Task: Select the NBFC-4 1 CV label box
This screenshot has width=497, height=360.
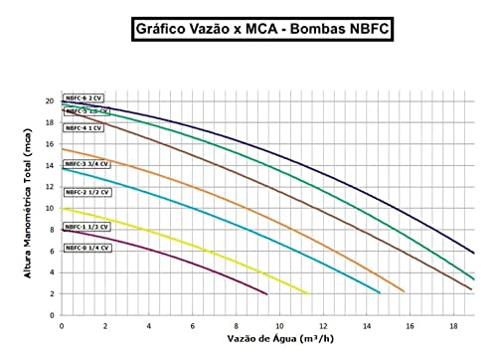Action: click(84, 128)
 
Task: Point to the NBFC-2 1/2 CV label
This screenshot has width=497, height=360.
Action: click(86, 191)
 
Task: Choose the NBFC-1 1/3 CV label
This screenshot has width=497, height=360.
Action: click(86, 226)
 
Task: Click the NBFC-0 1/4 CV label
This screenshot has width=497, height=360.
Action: click(86, 247)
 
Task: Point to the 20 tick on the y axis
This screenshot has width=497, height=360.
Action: click(49, 100)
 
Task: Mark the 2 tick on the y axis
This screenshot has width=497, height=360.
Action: click(51, 294)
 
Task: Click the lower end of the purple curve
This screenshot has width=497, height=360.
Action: click(266, 294)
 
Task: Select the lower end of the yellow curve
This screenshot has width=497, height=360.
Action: click(307, 292)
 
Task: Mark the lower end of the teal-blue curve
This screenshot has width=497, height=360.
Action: click(380, 292)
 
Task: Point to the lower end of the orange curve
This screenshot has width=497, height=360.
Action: click(404, 291)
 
